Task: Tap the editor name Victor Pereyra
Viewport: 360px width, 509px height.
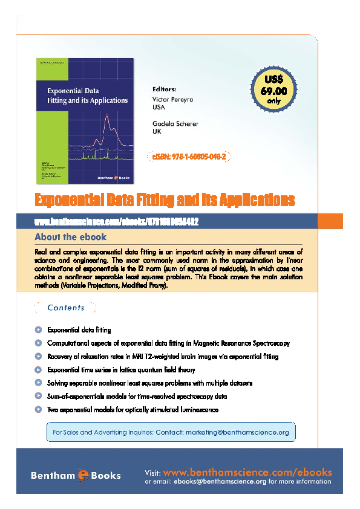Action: click(x=172, y=99)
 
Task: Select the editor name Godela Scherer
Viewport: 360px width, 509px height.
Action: click(x=175, y=123)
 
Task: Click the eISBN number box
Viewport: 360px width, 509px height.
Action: click(x=189, y=157)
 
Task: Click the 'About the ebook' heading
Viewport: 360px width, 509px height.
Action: click(x=70, y=237)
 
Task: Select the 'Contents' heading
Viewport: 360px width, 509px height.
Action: click(x=66, y=308)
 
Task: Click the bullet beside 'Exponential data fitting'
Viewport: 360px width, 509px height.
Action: click(x=38, y=330)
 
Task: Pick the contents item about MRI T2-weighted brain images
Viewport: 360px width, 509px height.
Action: click(x=162, y=357)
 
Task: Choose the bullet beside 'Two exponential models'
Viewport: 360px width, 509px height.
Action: click(x=38, y=410)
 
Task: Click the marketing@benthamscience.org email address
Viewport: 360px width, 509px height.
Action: click(x=237, y=433)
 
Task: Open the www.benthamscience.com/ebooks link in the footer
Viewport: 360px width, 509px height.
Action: click(x=247, y=472)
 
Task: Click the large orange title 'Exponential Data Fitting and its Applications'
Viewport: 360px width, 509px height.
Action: click(x=165, y=199)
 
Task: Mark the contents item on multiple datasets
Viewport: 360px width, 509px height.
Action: click(x=149, y=383)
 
